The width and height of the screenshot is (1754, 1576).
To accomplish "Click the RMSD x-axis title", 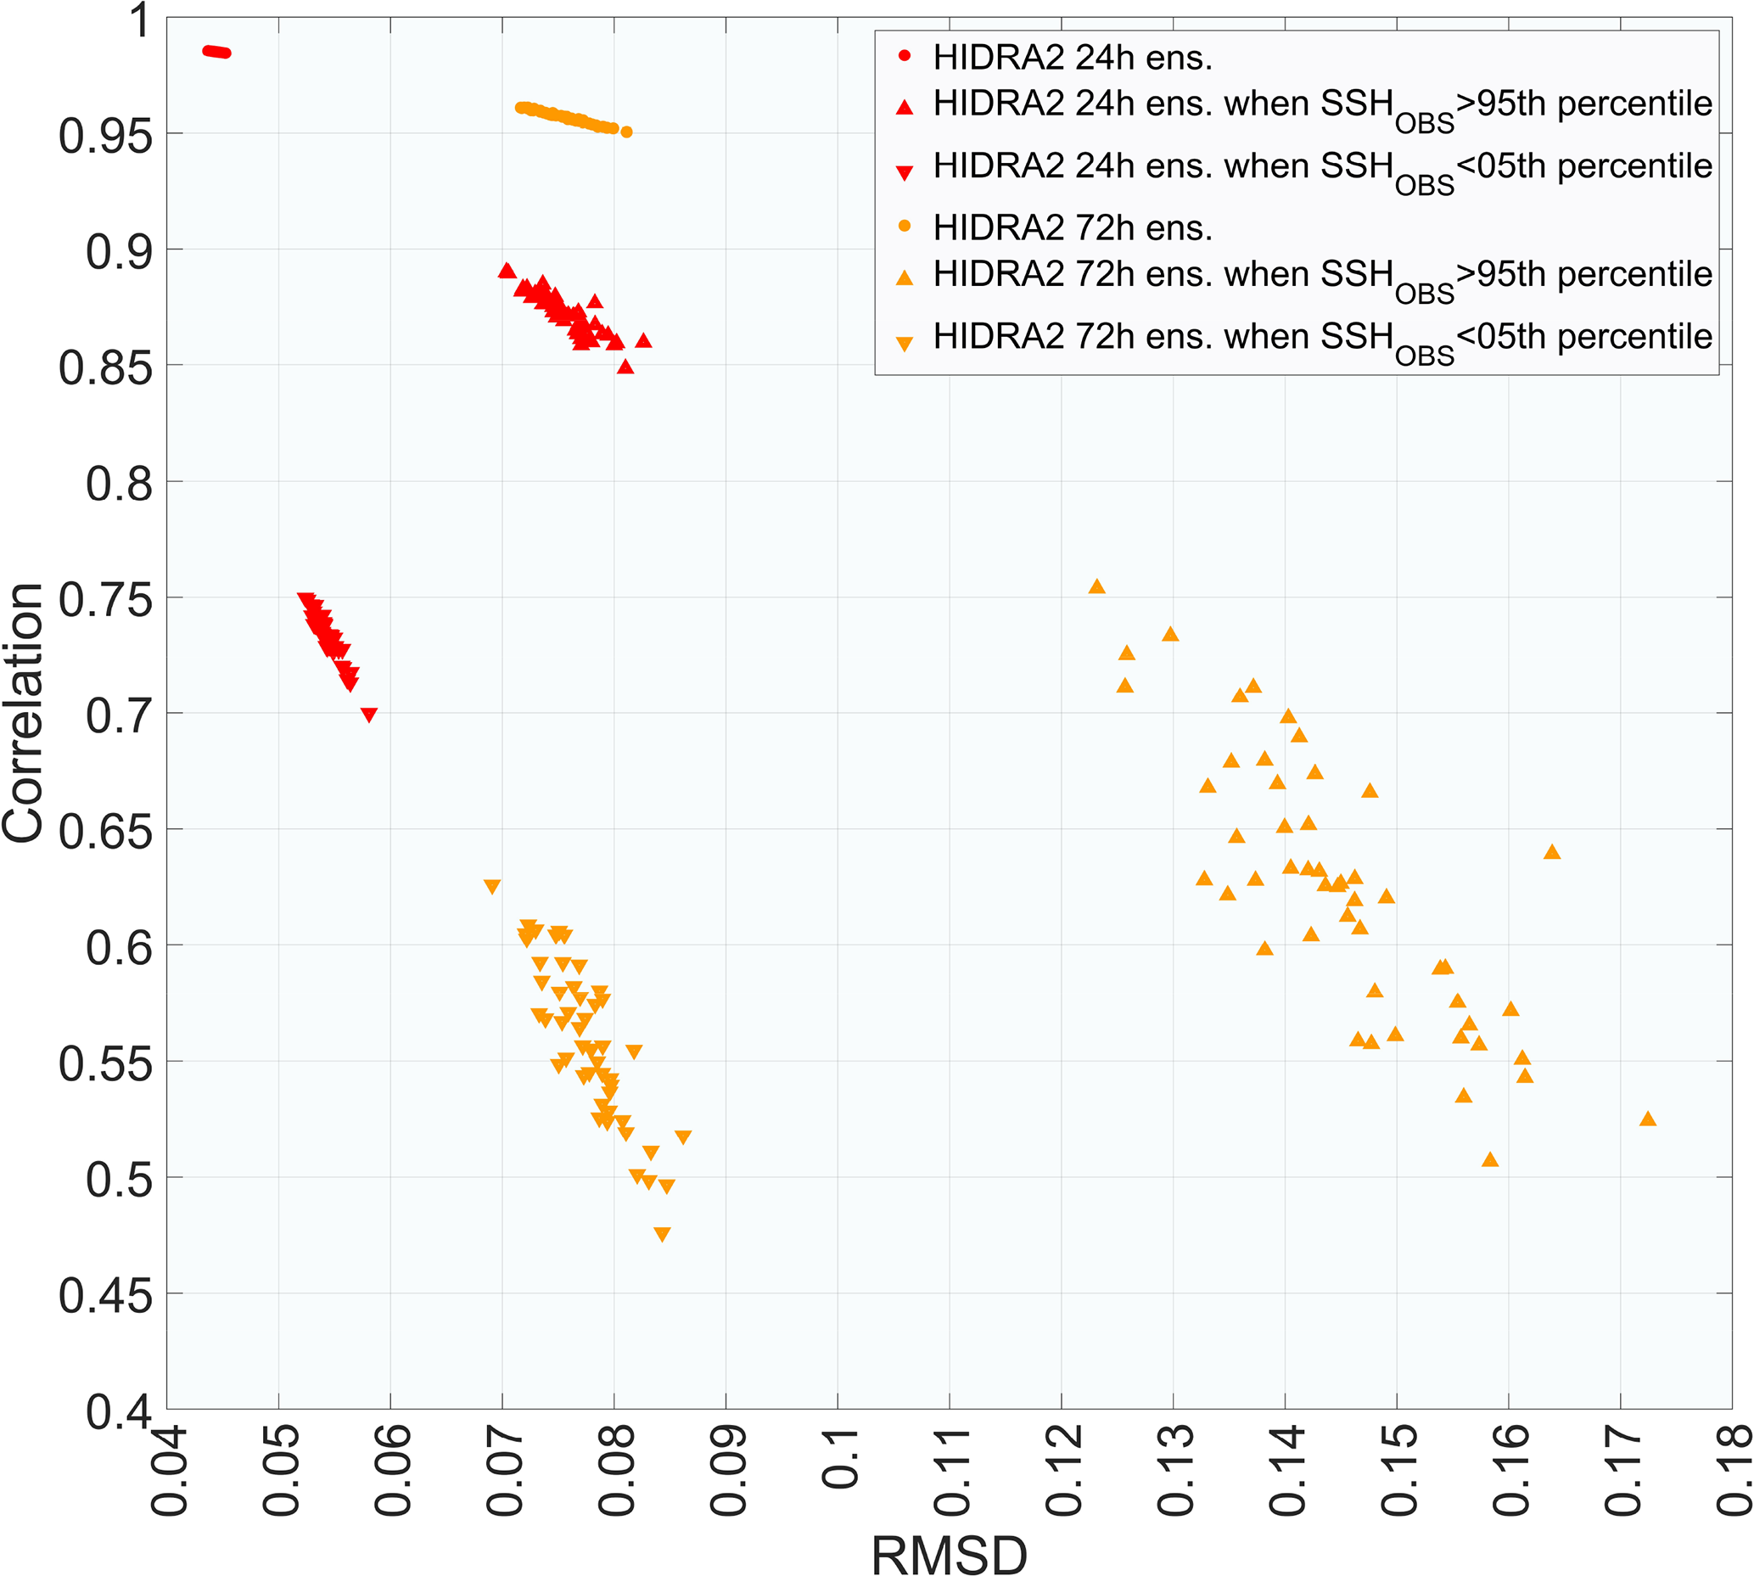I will coord(949,1553).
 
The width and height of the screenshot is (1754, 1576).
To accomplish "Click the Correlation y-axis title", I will coord(24,713).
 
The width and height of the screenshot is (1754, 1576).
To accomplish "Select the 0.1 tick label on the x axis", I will coord(839,1458).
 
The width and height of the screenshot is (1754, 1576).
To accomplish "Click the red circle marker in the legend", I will coord(905,57).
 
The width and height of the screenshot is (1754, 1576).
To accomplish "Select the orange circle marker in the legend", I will coord(905,227).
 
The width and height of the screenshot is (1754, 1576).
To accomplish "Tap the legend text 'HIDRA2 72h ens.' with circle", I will coord(1073,227).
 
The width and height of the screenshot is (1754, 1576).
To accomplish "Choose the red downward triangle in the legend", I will coord(905,173).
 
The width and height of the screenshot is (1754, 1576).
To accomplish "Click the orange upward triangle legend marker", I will coord(905,278).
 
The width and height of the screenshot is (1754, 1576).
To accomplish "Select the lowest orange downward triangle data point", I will coord(662,1234).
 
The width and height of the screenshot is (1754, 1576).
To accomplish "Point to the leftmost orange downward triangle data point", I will coord(491,886).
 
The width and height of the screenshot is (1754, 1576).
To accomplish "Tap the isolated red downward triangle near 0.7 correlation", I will coord(369,715).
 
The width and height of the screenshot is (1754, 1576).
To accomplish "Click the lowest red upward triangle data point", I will coord(625,367).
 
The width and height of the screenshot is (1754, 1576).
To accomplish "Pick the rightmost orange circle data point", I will coord(627,132).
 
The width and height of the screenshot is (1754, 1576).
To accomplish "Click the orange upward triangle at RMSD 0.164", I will coord(1552,852).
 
